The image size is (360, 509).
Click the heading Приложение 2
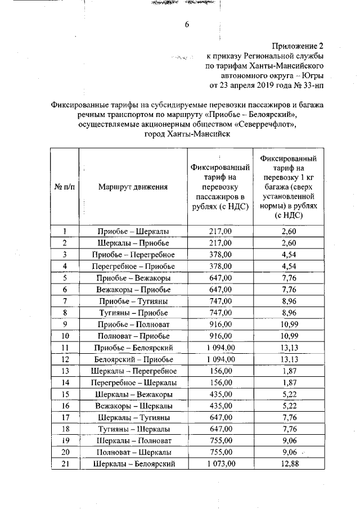296,46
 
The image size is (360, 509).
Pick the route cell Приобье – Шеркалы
133,231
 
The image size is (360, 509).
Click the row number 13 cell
65,371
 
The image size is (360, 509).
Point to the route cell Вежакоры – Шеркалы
133,406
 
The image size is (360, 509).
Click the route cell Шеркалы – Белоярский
133,463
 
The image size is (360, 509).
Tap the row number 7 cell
65,301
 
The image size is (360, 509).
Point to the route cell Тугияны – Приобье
133,313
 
